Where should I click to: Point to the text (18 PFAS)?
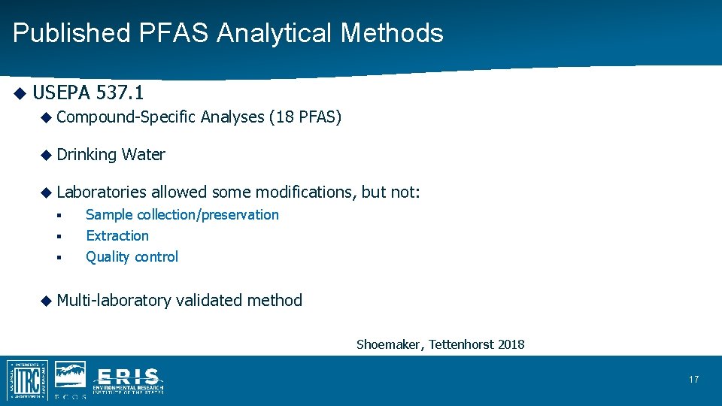tap(305, 117)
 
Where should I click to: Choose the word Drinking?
tap(86, 155)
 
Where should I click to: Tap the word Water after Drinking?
tap(144, 155)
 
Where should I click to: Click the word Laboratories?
tap(102, 192)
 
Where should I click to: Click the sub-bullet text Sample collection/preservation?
tap(182, 215)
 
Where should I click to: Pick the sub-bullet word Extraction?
tap(117, 236)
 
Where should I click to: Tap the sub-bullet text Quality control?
tap(132, 257)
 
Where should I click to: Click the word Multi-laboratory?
tap(114, 301)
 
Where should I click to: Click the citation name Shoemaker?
tap(390, 345)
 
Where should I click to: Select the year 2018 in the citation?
tap(511, 345)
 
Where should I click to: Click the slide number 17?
tap(693, 380)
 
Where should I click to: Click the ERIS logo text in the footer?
tap(128, 379)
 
